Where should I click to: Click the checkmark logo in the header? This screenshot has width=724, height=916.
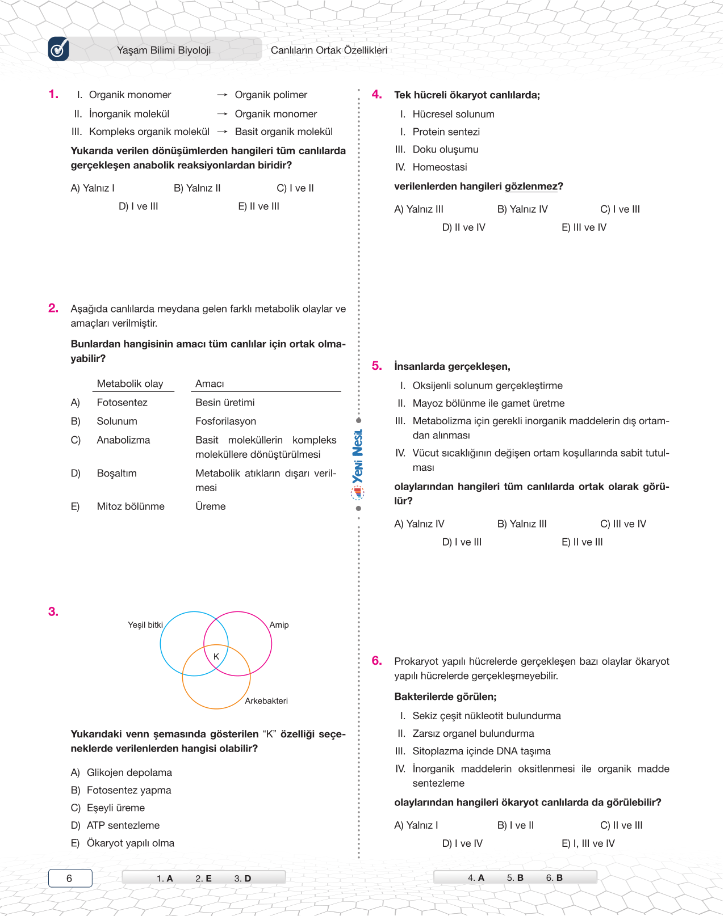[58, 49]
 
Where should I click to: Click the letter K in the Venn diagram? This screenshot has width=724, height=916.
[216, 657]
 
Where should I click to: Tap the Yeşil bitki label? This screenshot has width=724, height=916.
[145, 625]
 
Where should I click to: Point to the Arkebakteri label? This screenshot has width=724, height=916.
[266, 701]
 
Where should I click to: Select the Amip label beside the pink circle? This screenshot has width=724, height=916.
[279, 625]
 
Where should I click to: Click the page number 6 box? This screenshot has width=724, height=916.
[70, 879]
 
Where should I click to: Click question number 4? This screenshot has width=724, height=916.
[376, 94]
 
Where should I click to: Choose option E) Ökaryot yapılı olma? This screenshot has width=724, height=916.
[123, 843]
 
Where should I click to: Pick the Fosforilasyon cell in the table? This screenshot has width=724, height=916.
[225, 421]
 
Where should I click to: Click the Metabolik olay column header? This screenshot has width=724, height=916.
[130, 384]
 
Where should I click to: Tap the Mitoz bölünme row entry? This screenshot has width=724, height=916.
[131, 506]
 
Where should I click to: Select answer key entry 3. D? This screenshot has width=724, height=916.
[242, 879]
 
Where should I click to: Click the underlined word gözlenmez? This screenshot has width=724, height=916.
[531, 187]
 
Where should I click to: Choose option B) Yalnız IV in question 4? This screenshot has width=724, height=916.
[522, 209]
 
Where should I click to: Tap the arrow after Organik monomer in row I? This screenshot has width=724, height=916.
[222, 95]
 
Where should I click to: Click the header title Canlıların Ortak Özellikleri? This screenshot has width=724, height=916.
[329, 50]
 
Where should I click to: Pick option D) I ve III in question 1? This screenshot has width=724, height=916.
[139, 206]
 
